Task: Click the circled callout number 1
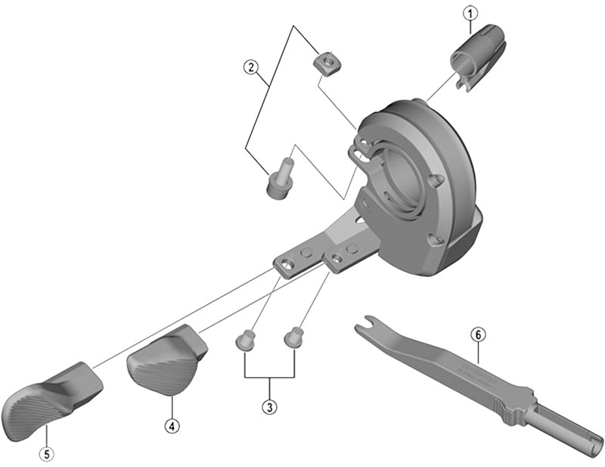[x=470, y=12]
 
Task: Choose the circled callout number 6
[x=476, y=334]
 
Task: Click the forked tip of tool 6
[x=368, y=326]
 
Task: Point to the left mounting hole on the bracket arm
[x=287, y=264]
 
